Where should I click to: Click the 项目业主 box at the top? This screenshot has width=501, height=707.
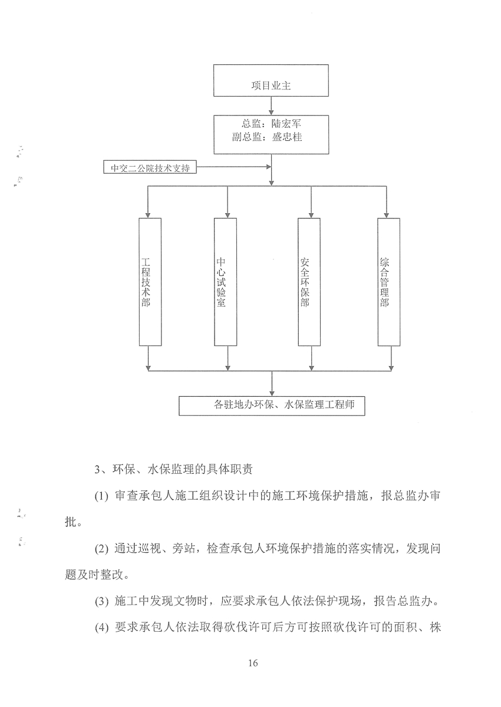pos(271,81)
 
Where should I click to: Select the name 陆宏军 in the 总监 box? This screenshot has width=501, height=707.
pos(286,124)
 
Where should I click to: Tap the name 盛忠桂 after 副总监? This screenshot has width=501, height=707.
pos(287,137)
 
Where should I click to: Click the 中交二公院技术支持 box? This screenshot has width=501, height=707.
pos(150,167)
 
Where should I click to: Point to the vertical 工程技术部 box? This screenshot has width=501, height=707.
pos(150,282)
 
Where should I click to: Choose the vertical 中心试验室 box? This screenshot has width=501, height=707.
pos(225,282)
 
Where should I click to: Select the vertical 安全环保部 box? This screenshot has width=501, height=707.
pos(309,282)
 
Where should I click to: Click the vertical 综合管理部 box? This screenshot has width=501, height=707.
pos(389,282)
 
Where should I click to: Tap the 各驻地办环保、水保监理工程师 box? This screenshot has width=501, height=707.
pos(272,406)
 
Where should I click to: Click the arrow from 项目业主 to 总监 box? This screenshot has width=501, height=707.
pos(271,106)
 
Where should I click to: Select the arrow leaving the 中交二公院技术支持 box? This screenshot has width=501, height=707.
pos(233,167)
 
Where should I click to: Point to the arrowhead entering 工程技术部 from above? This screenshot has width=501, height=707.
pos(147,215)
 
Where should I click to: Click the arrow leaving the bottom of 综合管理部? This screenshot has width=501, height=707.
pos(391,359)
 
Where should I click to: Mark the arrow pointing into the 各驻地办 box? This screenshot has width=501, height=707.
pos(272,383)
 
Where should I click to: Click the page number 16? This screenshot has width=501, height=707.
pos(253,663)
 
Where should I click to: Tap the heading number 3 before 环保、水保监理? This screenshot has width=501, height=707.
pos(97,470)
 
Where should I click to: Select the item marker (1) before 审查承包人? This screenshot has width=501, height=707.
pos(101,496)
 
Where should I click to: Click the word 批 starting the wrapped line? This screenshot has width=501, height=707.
pos(70,522)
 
